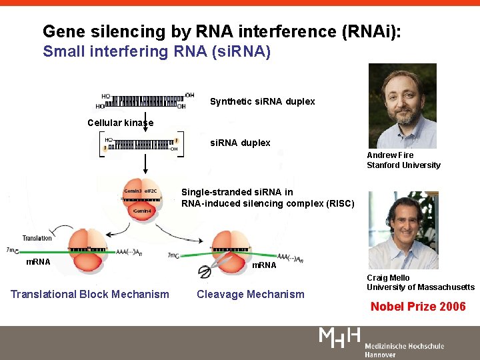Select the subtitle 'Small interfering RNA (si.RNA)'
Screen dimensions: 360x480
point(157,51)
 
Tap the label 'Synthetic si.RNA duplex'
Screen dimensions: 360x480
point(262,101)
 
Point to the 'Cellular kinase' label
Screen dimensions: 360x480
point(120,123)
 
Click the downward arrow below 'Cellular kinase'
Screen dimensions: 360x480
point(145,131)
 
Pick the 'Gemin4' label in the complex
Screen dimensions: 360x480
point(143,211)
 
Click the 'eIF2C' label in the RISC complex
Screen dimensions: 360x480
point(151,191)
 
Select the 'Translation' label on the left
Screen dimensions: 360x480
point(37,238)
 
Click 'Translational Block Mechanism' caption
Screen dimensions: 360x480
point(89,294)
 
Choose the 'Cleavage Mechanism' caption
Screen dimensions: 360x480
point(250,294)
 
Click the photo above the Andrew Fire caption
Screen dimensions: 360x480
point(402,105)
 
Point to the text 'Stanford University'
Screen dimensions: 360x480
point(403,165)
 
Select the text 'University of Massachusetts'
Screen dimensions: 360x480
point(420,287)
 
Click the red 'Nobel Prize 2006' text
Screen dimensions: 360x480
point(418,307)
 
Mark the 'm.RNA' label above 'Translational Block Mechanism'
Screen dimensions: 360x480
point(37,262)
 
